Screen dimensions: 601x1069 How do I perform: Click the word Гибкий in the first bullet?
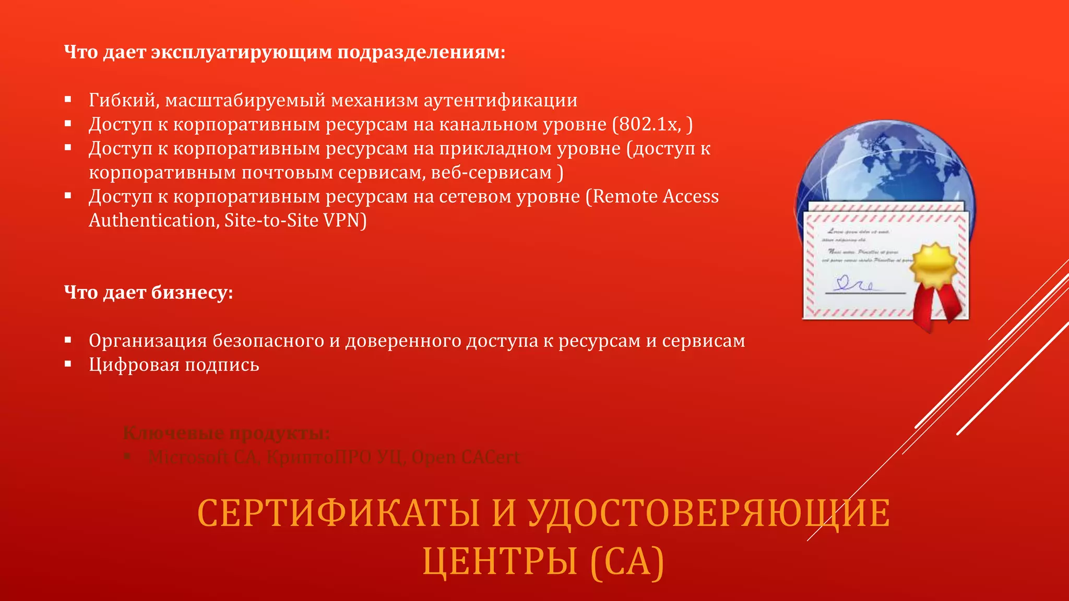tap(123, 100)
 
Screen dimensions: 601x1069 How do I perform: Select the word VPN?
tap(342, 221)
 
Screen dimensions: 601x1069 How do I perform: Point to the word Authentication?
tap(152, 221)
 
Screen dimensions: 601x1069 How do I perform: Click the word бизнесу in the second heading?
tap(192, 293)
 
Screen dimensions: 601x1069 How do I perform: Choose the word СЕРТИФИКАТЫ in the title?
tap(338, 513)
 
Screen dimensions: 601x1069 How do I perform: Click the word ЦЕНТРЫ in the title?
tap(500, 561)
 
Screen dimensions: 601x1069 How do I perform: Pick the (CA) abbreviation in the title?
tap(627, 561)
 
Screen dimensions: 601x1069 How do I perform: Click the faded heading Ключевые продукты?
tap(226, 433)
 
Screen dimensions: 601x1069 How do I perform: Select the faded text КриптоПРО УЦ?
tap(335, 457)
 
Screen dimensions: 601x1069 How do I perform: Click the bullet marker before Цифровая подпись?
tap(68, 364)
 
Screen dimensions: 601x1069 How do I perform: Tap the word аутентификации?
tap(500, 100)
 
